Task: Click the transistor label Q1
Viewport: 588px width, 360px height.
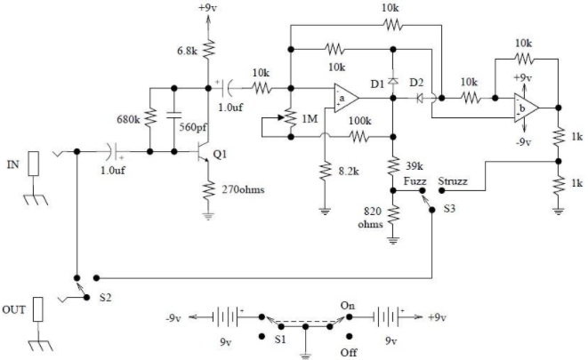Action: tap(220, 154)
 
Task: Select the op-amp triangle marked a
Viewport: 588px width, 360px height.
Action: tap(347, 98)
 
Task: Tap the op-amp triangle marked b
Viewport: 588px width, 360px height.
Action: tap(527, 108)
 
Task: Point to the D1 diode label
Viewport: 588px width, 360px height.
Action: tap(378, 84)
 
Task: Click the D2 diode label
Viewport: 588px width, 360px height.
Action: tap(416, 83)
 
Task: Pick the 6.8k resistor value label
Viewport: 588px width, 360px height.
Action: tap(187, 51)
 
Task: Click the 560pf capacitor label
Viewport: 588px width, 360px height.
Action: tap(193, 127)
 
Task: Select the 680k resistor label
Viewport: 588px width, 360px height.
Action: tap(128, 119)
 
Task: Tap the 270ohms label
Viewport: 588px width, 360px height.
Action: tap(243, 189)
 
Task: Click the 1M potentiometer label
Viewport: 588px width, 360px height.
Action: tap(310, 119)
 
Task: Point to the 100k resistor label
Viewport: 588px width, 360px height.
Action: tap(360, 121)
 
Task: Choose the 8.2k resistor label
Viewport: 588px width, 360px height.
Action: tap(349, 172)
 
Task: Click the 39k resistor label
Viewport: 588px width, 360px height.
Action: tap(415, 165)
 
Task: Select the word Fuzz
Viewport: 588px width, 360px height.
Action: tap(415, 181)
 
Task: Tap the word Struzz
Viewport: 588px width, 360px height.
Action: tap(453, 181)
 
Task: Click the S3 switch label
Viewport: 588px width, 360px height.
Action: tap(449, 208)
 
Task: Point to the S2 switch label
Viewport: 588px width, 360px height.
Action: tap(105, 298)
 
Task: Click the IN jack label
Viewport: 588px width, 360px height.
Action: tap(12, 164)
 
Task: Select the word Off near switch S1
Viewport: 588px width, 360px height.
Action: tap(349, 353)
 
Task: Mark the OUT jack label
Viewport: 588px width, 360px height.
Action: tap(14, 310)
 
